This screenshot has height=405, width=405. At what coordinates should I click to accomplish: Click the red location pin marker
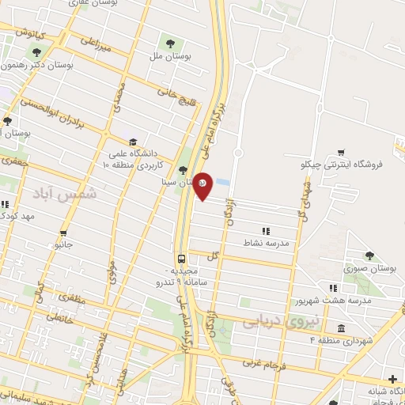202,185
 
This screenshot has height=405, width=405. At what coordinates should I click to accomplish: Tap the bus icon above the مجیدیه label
183,259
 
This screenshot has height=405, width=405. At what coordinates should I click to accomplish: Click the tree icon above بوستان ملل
169,42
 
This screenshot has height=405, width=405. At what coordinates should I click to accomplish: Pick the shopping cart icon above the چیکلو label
341,152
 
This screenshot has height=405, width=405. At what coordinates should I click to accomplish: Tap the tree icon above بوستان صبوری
369,255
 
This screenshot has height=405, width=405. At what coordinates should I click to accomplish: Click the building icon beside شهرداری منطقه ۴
341,328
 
